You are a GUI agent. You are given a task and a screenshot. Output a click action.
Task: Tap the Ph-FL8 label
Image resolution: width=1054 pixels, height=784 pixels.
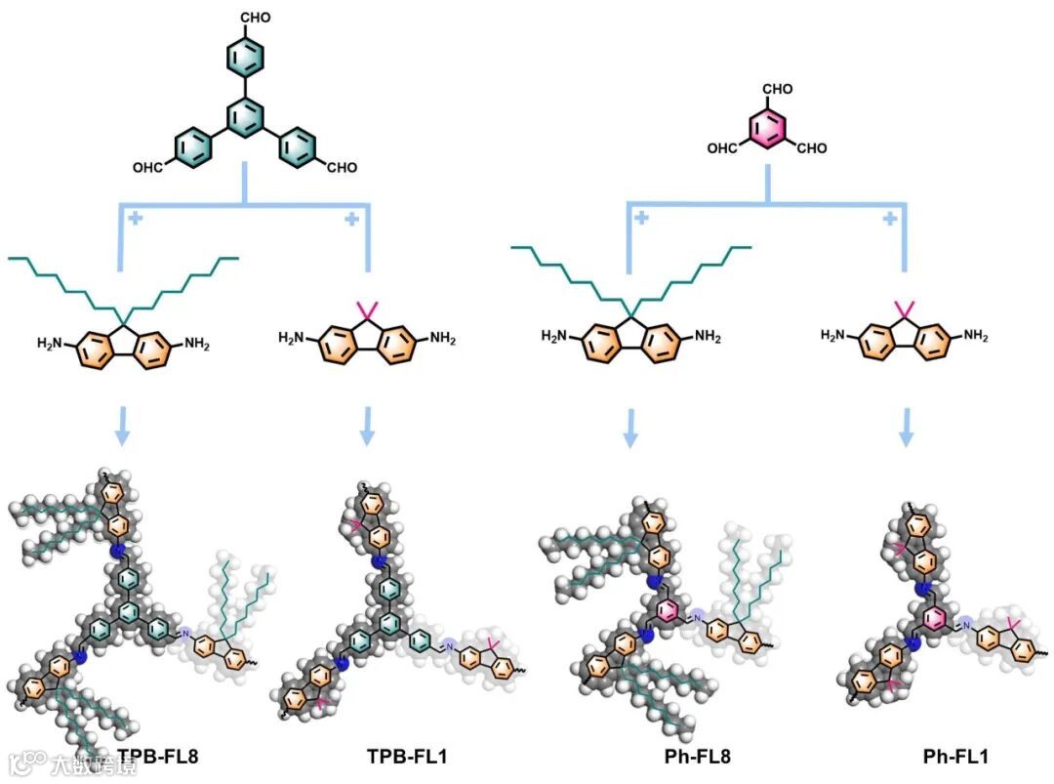click(x=696, y=756)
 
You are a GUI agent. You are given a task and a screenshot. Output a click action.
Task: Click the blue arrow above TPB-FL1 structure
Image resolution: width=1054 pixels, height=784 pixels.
click(x=367, y=427)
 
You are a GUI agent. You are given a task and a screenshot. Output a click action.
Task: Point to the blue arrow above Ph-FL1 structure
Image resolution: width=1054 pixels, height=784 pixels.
click(x=907, y=427)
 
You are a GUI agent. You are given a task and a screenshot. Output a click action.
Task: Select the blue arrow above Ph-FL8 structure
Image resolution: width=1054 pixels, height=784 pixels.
click(x=630, y=427)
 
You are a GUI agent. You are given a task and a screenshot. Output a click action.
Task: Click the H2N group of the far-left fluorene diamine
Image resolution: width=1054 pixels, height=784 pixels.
click(x=50, y=343)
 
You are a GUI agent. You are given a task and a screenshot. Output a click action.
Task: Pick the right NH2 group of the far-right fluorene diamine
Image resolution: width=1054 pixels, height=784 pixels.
click(x=976, y=336)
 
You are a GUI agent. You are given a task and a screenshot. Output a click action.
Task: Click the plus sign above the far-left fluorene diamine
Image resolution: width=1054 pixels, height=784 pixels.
click(x=135, y=218)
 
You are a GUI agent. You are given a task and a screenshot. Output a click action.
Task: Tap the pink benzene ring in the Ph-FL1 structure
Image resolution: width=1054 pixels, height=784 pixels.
click(x=934, y=618)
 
